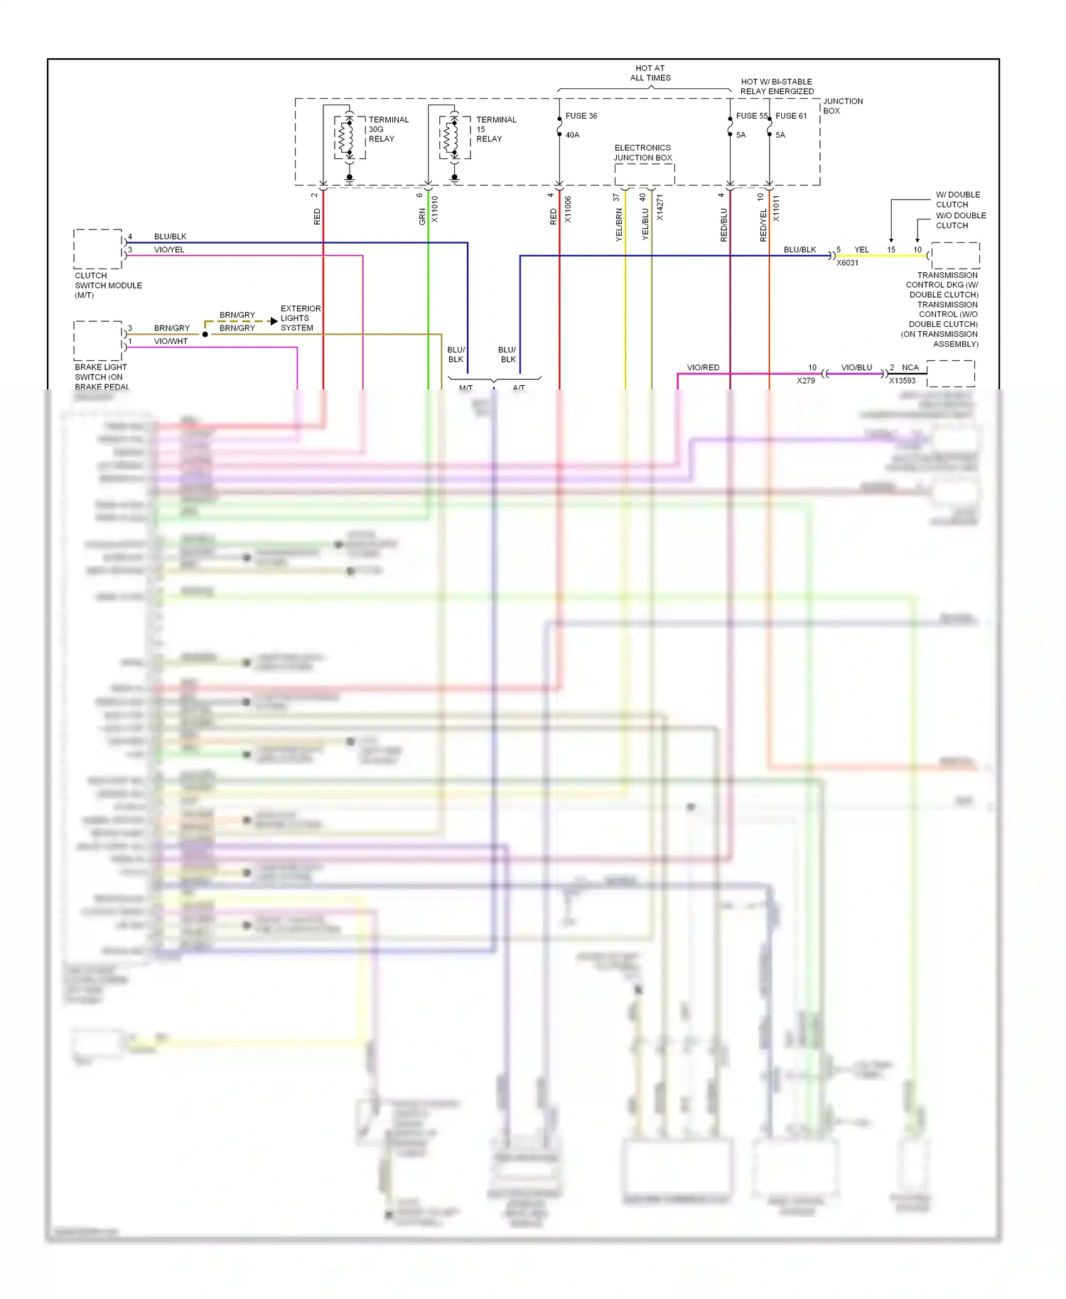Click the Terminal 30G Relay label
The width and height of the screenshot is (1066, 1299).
[388, 129]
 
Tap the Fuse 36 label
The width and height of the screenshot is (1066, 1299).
[581, 116]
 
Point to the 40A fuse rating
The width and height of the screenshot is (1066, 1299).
[572, 135]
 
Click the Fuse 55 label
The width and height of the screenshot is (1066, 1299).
[751, 116]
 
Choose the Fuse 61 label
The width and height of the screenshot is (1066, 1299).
[791, 116]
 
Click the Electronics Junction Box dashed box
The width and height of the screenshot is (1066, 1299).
[644, 174]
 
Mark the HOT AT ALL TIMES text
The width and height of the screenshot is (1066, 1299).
[650, 73]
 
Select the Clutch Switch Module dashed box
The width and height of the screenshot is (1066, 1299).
[98, 249]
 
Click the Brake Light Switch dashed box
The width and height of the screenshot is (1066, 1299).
[98, 340]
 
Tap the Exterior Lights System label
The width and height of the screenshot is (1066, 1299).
[300, 318]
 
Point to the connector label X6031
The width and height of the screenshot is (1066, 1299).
[847, 263]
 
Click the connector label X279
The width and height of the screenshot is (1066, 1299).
[805, 381]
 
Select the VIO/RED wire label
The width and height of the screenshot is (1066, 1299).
[703, 367]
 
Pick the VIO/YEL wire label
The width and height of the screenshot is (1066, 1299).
[169, 250]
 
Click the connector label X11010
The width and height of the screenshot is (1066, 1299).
[435, 209]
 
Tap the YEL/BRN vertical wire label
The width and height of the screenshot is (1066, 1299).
[619, 225]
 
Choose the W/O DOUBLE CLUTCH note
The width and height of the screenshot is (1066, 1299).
[960, 220]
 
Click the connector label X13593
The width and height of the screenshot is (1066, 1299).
[902, 381]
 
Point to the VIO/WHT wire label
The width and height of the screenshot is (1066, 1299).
[171, 342]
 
